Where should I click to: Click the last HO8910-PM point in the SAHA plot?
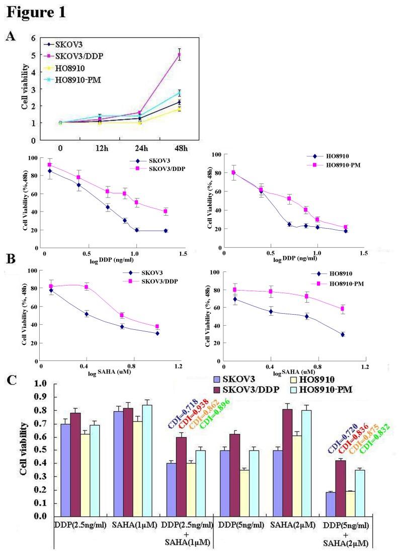pos(343,309)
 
